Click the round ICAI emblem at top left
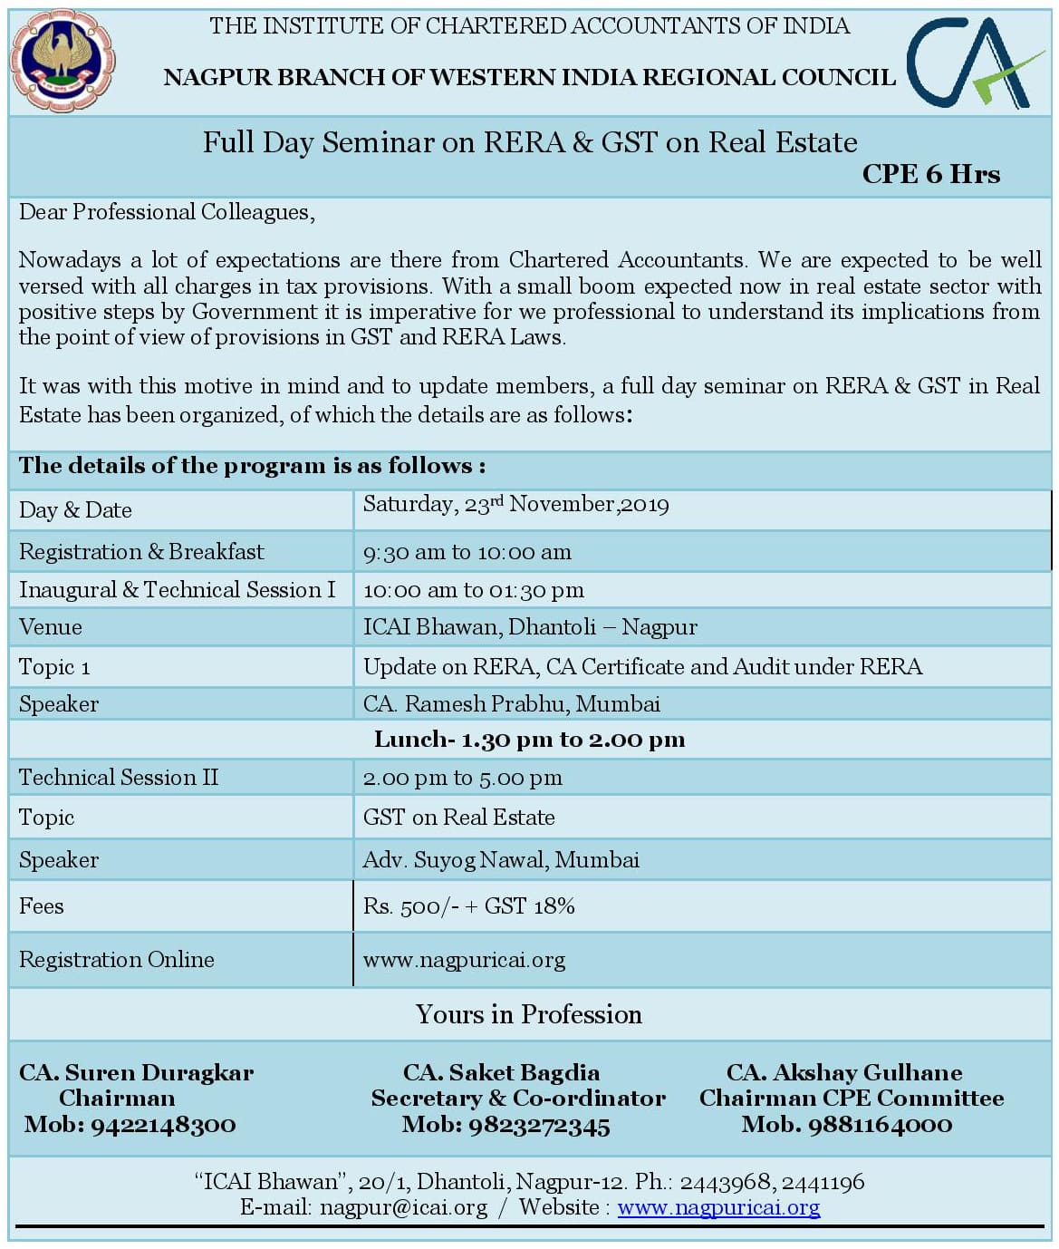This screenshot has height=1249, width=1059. [62, 61]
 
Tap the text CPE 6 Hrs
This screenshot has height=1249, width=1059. [930, 174]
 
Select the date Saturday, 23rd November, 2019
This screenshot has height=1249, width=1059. [515, 505]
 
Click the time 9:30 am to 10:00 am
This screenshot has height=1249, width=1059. [467, 552]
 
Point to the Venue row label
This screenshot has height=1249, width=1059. [51, 627]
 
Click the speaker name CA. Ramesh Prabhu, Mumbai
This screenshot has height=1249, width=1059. [511, 704]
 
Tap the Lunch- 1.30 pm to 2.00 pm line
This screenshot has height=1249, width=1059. [529, 740]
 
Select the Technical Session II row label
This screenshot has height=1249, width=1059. [119, 778]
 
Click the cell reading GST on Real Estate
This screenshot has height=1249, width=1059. [458, 818]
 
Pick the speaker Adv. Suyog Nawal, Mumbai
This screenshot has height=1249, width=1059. [501, 860]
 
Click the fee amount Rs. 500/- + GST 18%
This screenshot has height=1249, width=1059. [468, 906]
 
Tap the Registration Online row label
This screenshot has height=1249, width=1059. [117, 960]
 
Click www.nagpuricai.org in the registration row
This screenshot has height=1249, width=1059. [464, 960]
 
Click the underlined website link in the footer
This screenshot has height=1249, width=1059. [718, 1207]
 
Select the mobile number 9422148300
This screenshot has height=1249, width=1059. [163, 1125]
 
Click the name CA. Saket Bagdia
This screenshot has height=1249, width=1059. [501, 1072]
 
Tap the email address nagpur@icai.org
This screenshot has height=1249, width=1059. [403, 1207]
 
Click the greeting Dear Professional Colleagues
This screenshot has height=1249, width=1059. [167, 212]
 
